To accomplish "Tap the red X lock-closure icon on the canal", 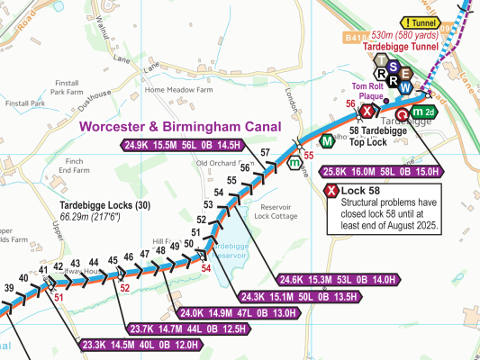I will click(367, 112).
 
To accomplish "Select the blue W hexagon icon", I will click(407, 87).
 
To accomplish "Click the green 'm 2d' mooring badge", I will click(423, 112).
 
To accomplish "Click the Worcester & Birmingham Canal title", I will click(180, 127).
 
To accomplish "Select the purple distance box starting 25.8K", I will click(380, 172).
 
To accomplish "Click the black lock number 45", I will click(113, 262).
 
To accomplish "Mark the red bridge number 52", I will click(125, 288).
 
